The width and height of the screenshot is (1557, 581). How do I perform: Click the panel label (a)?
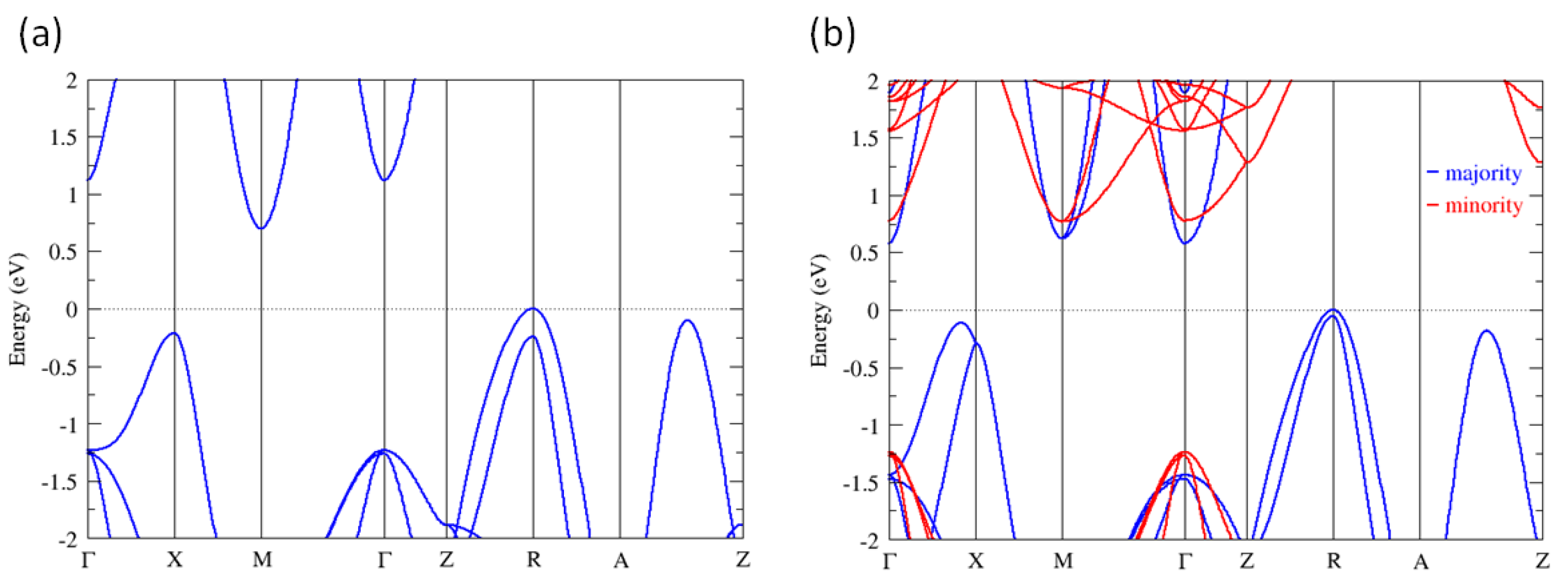[x=41, y=34]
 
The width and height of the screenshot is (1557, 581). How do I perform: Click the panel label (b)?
[x=833, y=34]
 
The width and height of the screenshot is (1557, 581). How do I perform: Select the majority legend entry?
[x=1483, y=174]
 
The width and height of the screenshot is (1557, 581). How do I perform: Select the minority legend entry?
[x=1483, y=206]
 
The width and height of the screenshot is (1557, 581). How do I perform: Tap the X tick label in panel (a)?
[x=175, y=560]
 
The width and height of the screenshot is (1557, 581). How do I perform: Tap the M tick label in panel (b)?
[x=1063, y=562]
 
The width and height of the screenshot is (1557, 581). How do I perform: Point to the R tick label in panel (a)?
[x=533, y=560]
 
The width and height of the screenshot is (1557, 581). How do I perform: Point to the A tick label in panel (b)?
[x=1420, y=562]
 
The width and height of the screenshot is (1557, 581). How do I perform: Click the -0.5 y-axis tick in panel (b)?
[x=860, y=368]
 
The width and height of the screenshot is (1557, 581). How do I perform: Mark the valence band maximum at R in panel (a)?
[x=533, y=309]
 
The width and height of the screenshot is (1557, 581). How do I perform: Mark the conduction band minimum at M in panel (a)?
[x=261, y=228]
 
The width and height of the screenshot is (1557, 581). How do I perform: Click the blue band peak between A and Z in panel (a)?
[x=688, y=321]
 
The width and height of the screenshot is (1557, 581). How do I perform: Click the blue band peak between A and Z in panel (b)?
[x=1486, y=331]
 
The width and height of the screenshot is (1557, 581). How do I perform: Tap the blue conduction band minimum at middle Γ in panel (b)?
[x=1185, y=243]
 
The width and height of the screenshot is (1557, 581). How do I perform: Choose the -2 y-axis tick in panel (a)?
[x=68, y=539]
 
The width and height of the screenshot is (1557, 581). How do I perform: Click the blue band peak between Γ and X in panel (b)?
[x=960, y=323]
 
